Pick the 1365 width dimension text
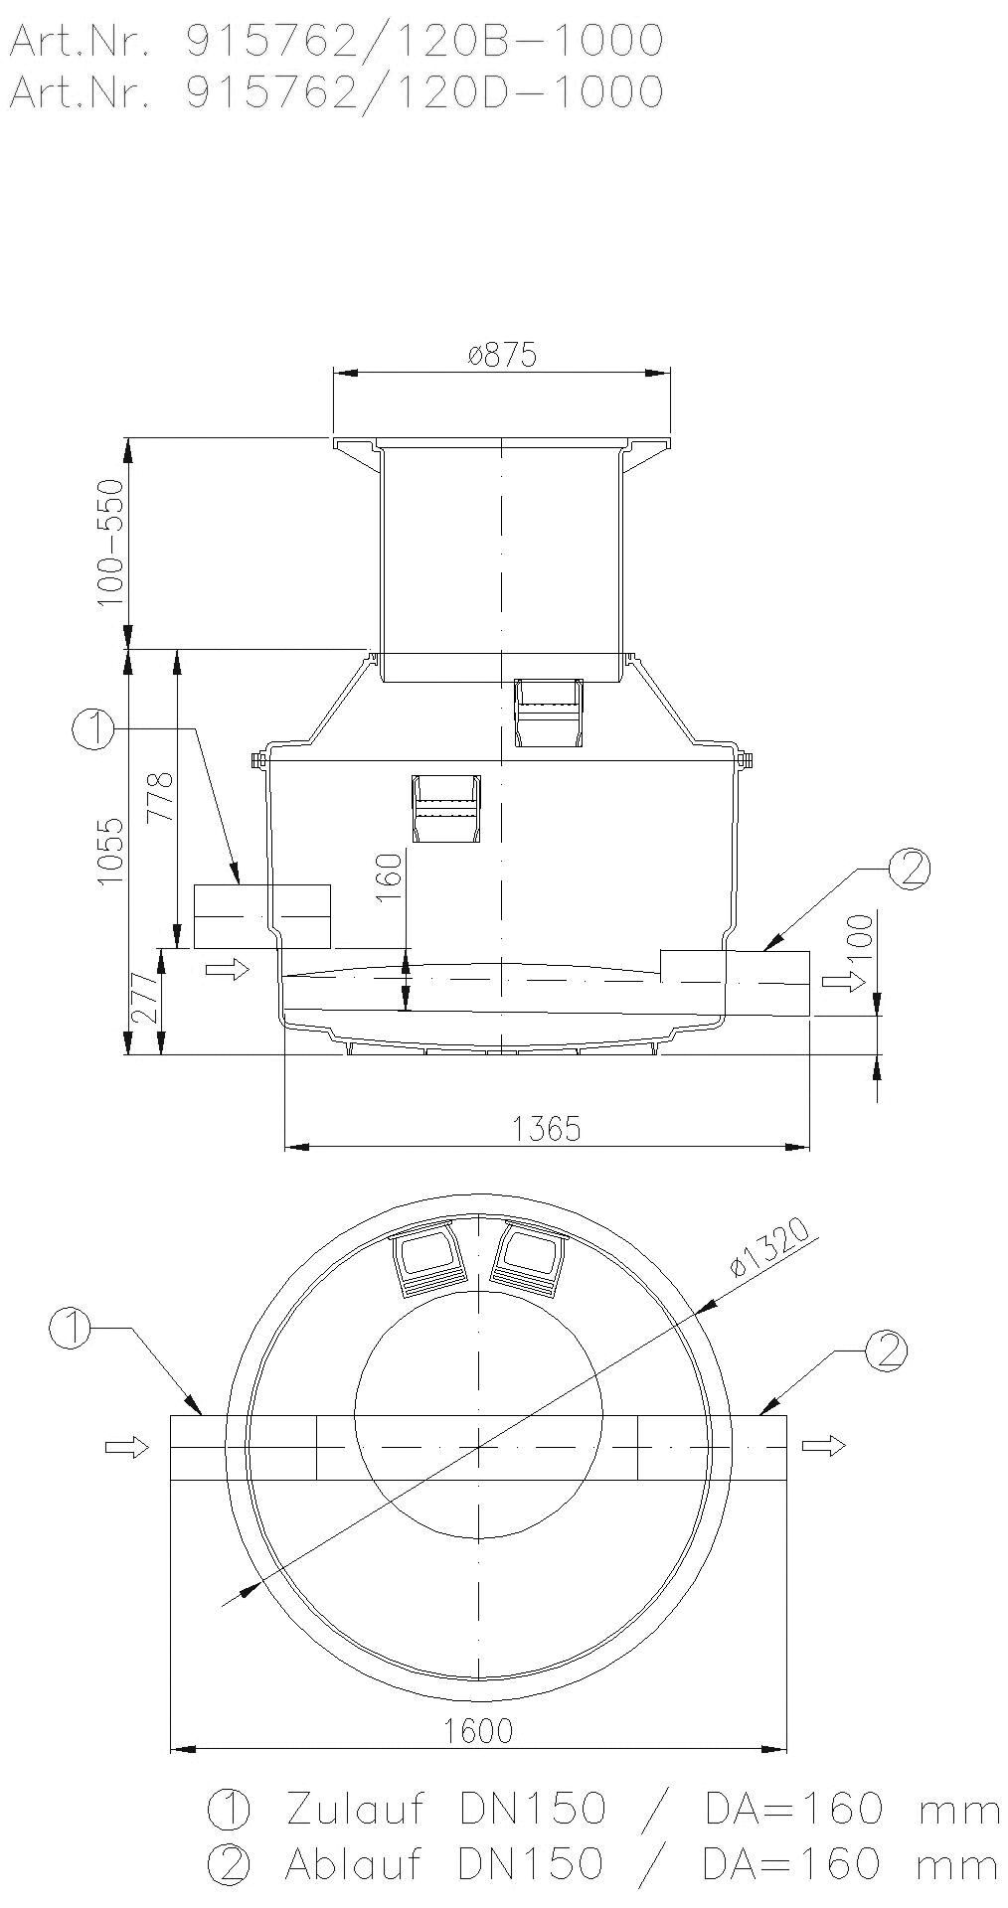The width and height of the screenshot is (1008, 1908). pyautogui.click(x=546, y=1129)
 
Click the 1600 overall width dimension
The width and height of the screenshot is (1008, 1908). pyautogui.click(x=480, y=1731)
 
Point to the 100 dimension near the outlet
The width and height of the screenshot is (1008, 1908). pyautogui.click(x=863, y=935)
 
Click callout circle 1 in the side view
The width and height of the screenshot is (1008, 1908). pyautogui.click(x=91, y=729)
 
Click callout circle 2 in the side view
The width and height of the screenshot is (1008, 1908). pyautogui.click(x=909, y=869)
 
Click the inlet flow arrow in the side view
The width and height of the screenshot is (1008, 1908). pyautogui.click(x=227, y=970)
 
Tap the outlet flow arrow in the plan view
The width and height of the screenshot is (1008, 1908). pyautogui.click(x=824, y=1446)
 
